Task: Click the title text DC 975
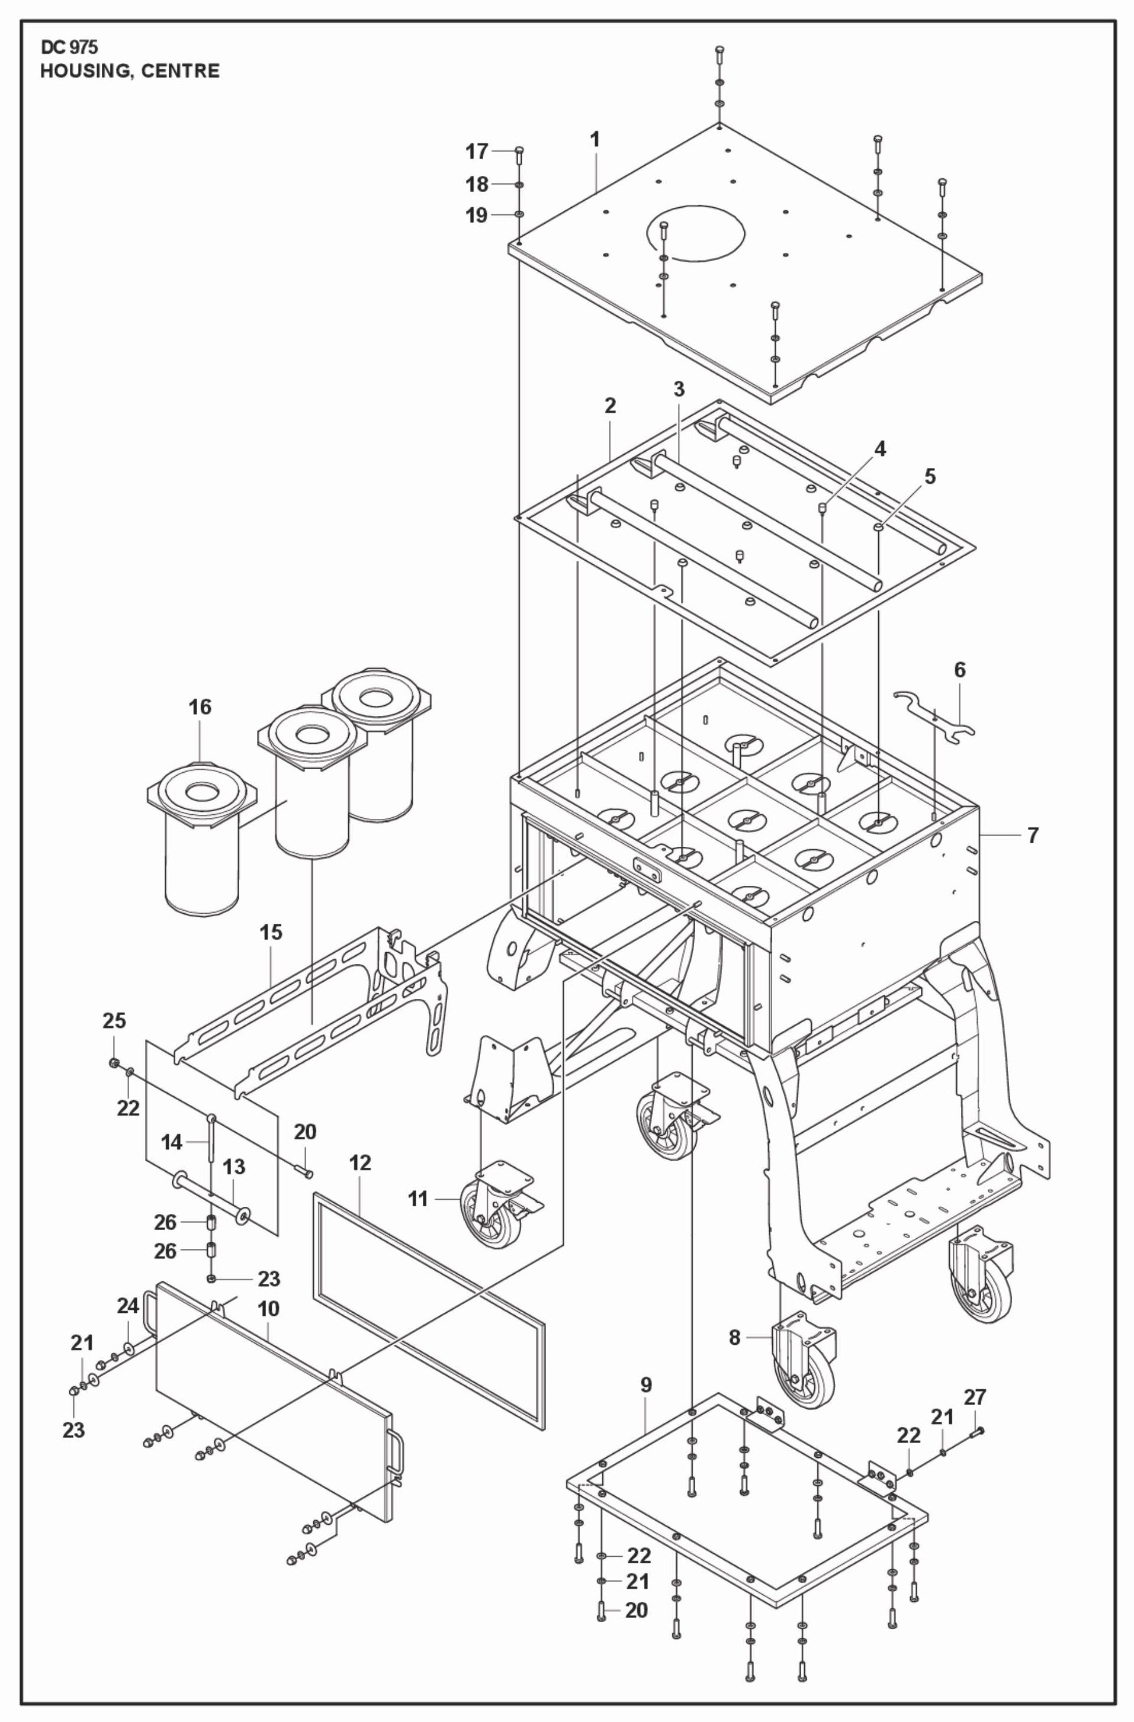click(69, 48)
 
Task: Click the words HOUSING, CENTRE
click(130, 71)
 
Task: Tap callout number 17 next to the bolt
click(476, 152)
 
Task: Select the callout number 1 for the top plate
click(595, 140)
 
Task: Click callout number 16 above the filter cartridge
click(201, 707)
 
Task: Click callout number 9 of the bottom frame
click(646, 1385)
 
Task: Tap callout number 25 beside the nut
click(114, 1021)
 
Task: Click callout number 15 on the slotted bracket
click(271, 933)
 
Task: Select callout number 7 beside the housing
click(1033, 836)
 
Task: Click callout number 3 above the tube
click(678, 389)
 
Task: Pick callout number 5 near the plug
click(930, 477)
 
